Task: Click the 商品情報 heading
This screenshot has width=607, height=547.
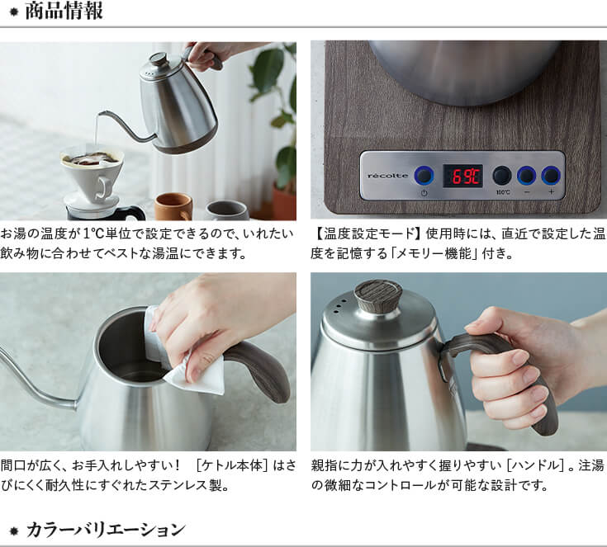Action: click(64, 11)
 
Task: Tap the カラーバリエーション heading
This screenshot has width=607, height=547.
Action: click(106, 530)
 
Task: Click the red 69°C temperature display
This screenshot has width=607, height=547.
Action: click(463, 177)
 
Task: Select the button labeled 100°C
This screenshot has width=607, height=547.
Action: click(502, 176)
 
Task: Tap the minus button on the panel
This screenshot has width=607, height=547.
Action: click(527, 176)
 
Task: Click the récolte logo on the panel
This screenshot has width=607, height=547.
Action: click(387, 176)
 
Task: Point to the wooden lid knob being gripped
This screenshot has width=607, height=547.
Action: click(378, 294)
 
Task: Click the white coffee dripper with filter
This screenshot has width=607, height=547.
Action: click(92, 174)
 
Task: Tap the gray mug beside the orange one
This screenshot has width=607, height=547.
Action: click(227, 211)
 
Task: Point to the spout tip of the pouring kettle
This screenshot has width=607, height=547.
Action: click(100, 114)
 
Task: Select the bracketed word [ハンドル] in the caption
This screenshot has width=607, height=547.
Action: click(535, 465)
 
